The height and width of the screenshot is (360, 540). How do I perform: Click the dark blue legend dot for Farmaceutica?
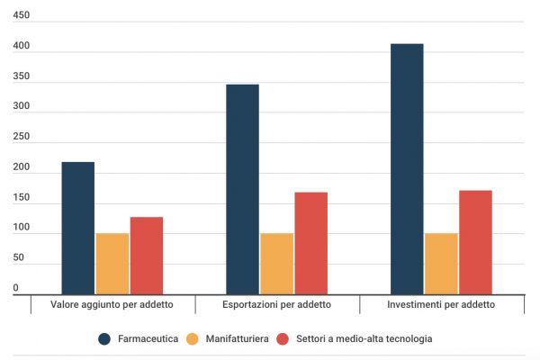pyautogui.click(x=105, y=339)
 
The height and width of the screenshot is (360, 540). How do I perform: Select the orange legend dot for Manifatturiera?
pyautogui.click(x=192, y=339)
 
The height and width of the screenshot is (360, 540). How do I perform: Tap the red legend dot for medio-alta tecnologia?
pyautogui.click(x=283, y=339)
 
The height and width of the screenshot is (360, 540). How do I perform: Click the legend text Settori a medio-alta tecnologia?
pyautogui.click(x=364, y=339)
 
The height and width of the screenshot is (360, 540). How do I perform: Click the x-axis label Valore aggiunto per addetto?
pyautogui.click(x=112, y=305)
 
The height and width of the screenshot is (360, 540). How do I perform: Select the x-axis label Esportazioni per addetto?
pyautogui.click(x=276, y=305)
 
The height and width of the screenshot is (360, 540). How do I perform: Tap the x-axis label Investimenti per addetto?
pyautogui.click(x=441, y=305)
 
